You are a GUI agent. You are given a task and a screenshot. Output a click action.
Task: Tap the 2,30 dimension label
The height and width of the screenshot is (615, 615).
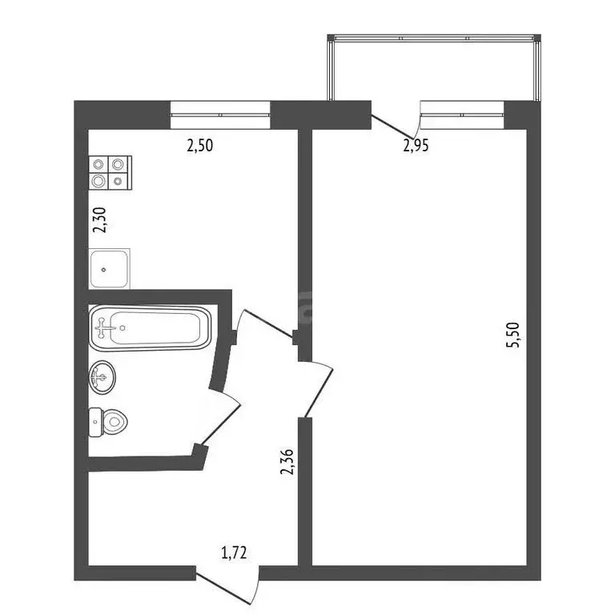point(99,220)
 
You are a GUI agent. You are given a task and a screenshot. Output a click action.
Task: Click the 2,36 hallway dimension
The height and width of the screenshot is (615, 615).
point(287,462)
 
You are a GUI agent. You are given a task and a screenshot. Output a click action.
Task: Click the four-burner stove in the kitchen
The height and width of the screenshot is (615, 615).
point(111,171)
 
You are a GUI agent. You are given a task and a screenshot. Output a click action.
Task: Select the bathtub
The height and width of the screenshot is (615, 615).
point(150,327)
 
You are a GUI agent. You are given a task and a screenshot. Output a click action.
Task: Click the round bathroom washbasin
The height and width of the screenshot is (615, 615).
point(102,376)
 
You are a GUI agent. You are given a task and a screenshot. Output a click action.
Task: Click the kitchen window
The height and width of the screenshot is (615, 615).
point(220,115)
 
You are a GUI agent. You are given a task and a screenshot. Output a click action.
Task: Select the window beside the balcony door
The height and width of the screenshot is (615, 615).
point(463,115)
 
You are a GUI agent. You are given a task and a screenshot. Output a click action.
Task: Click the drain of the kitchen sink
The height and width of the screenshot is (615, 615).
point(104,269)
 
